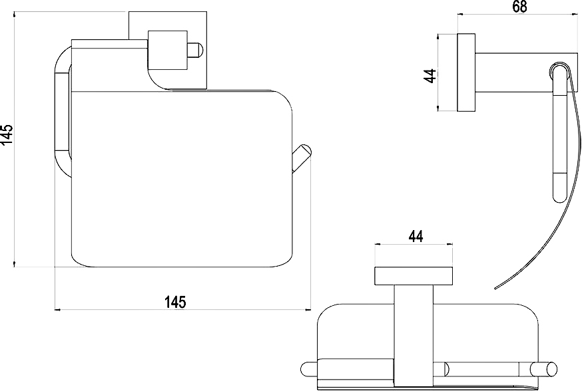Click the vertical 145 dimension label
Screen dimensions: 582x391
[7, 134]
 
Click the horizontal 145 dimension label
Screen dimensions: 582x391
[175, 302]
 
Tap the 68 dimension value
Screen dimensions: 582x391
[519, 7]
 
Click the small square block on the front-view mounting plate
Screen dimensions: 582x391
[167, 50]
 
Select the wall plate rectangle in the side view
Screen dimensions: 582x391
[466, 72]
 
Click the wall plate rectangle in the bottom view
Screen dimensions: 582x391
[414, 276]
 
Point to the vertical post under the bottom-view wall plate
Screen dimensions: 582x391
[413, 335]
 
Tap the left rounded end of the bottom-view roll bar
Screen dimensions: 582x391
[308, 370]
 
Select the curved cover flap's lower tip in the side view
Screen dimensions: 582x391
[495, 288]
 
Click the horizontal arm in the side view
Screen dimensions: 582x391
[527, 72]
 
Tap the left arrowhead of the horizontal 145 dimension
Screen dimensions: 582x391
[57, 309]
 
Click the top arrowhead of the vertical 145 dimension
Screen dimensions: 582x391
[14, 15]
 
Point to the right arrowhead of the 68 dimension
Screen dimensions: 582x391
[577, 14]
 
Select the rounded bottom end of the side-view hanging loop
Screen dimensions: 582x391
[560, 197]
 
